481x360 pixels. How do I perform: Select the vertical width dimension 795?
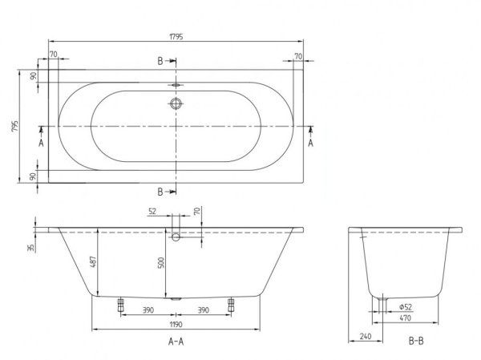pos(10,127)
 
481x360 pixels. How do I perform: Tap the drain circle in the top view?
pos(176,103)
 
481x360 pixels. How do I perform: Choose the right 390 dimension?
pos(204,309)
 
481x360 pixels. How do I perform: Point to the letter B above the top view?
pos(160,62)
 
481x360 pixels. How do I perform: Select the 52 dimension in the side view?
pos(153,212)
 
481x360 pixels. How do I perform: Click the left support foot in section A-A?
pos(121,304)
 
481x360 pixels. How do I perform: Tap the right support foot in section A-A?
pos(232,304)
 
